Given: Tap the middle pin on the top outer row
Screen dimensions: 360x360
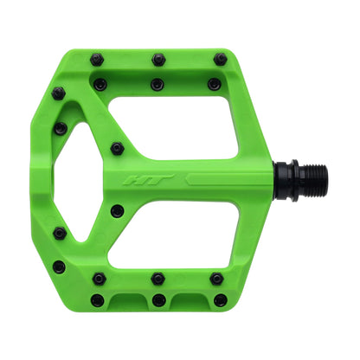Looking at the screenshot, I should click(157, 59).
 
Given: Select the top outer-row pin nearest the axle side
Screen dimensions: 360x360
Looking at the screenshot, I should click(220, 59).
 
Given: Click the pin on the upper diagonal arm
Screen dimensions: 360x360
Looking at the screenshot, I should click(117, 149).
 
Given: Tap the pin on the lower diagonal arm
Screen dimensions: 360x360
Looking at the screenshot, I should click(117, 209).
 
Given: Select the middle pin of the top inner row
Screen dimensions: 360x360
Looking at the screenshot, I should click(157, 84).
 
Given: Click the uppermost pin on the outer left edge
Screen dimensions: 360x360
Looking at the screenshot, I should click(60, 128).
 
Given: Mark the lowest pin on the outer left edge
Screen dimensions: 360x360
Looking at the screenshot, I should click(60, 233).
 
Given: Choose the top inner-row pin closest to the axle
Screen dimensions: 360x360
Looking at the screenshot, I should click(214, 84).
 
